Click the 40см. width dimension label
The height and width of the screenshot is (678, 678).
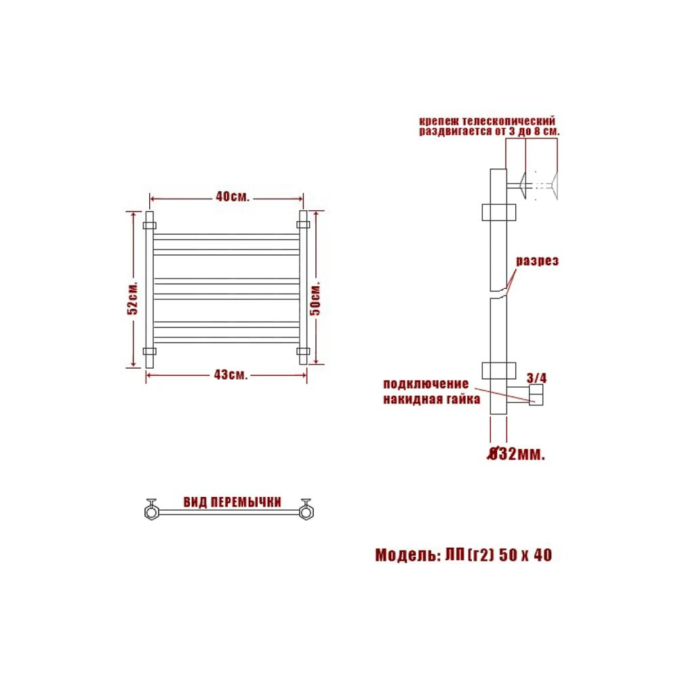tap(233, 197)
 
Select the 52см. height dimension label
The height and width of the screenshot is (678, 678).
tap(133, 298)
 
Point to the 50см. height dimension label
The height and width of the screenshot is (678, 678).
tap(316, 298)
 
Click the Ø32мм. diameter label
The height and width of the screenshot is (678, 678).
tap(516, 454)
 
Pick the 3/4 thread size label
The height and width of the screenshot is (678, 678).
tap(536, 378)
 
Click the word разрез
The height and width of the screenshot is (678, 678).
tap(538, 261)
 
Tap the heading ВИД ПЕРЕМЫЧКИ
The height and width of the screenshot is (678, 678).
tap(232, 502)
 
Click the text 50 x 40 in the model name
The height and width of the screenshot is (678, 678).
tap(525, 555)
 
